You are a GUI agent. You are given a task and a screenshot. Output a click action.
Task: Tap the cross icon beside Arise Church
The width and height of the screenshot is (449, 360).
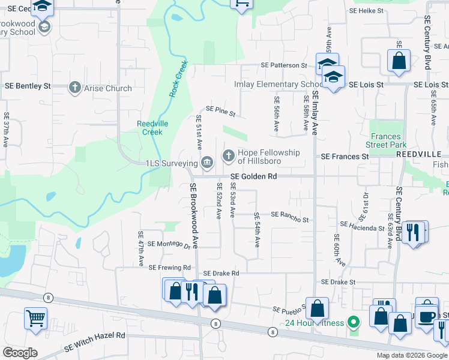[75, 88]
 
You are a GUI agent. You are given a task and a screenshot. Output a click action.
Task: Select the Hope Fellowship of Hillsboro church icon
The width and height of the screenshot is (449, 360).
[228, 156]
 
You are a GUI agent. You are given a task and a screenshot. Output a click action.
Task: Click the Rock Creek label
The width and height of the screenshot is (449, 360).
[178, 79]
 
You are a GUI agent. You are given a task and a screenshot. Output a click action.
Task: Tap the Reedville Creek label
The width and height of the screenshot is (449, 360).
[150, 127]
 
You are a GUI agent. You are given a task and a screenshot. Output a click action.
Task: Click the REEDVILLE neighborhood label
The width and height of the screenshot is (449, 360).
[419, 155]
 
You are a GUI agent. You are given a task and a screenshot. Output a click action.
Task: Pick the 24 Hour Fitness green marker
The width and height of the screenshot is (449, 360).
[354, 323]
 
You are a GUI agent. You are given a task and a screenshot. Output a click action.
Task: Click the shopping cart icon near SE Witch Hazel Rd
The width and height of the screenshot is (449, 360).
[35, 318]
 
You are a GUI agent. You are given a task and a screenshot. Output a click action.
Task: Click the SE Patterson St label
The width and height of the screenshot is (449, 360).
[283, 65]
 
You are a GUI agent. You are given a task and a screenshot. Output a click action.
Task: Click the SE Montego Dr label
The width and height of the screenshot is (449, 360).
[169, 244]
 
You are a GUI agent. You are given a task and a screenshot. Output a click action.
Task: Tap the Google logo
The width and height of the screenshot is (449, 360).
[20, 353]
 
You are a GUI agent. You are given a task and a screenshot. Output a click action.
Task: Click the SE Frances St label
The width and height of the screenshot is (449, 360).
[345, 156]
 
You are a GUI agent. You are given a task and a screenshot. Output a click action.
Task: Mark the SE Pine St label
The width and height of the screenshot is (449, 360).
[220, 110]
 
